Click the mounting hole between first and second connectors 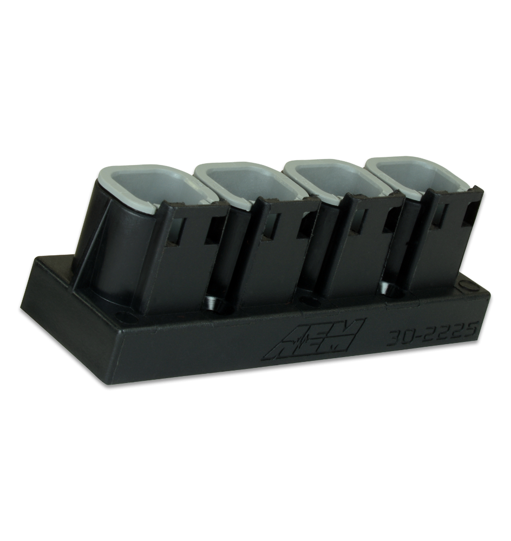[215, 305]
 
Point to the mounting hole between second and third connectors [312, 299]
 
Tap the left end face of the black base [38, 314]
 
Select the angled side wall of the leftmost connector [103, 238]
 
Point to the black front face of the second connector [276, 260]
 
